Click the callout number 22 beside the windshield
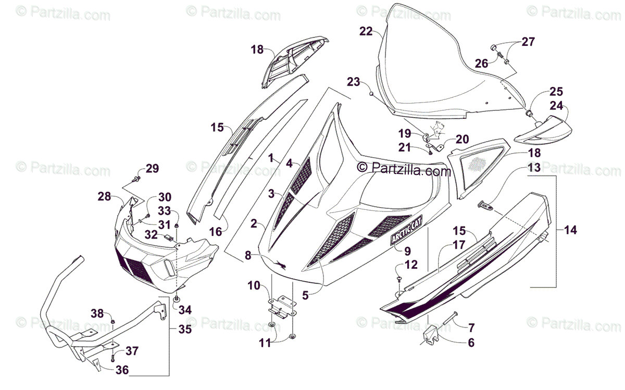click(366, 31)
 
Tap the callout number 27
click(528, 42)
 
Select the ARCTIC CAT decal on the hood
click(407, 230)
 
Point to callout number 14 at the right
click(571, 230)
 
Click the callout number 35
click(185, 329)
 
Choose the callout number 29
click(152, 168)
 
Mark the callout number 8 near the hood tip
click(248, 255)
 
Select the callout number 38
click(97, 313)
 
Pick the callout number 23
click(354, 82)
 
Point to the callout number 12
click(411, 265)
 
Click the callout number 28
click(104, 196)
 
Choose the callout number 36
click(121, 370)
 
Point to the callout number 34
click(185, 310)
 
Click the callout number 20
click(462, 139)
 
